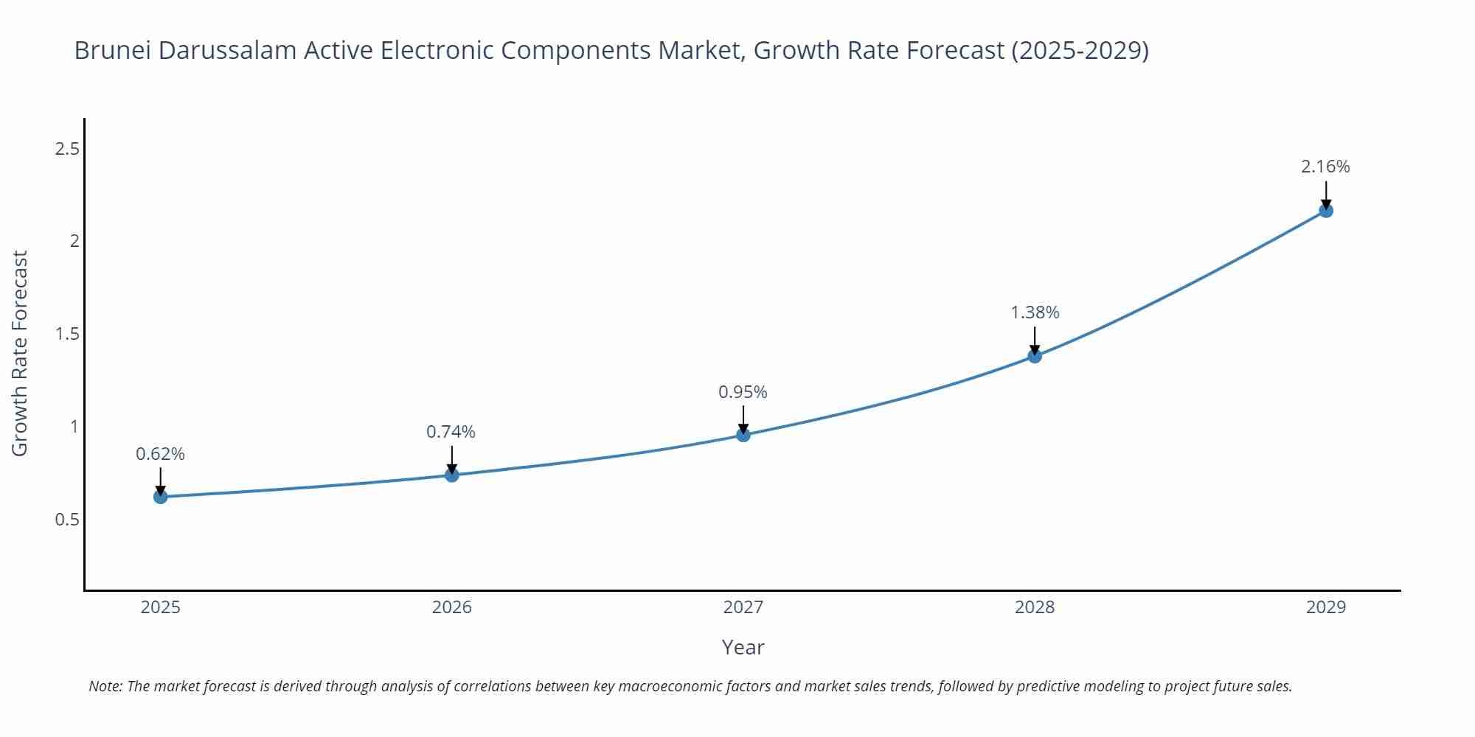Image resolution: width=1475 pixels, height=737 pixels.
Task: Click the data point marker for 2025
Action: [x=160, y=497]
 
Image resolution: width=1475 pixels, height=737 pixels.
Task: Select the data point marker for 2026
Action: [x=452, y=475]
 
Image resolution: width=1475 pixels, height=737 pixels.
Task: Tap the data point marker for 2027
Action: [x=743, y=435]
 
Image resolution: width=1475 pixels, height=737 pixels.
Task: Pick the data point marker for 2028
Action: [x=1035, y=356]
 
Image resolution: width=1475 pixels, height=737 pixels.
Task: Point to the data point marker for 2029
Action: [x=1326, y=211]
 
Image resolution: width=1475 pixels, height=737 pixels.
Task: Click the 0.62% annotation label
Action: [x=160, y=454]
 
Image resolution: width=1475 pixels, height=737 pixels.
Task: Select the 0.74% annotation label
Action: [x=451, y=432]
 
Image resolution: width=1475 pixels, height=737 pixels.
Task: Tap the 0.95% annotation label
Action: [x=743, y=392]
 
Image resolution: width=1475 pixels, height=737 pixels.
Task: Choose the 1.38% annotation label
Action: [x=1035, y=312]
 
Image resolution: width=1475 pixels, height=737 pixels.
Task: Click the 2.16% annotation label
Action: [x=1325, y=167]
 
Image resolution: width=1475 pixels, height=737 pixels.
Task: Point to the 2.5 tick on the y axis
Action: [x=67, y=150]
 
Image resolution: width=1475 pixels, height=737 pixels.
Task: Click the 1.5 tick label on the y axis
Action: [x=67, y=335]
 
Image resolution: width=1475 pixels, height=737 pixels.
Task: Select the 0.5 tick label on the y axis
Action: [x=67, y=520]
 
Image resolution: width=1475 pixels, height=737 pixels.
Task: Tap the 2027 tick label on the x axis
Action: [x=743, y=607]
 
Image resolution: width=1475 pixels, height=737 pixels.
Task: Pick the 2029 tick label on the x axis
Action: [x=1326, y=607]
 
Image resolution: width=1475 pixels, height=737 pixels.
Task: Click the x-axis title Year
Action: [x=743, y=647]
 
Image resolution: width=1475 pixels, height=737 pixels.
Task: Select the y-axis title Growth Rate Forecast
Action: [x=20, y=353]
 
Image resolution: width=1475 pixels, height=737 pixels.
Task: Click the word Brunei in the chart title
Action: [x=112, y=50]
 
